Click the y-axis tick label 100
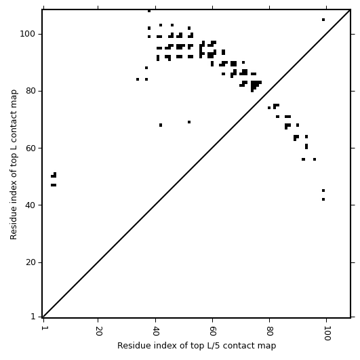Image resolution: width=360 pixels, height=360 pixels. (27, 34)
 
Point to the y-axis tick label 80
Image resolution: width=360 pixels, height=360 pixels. (30, 91)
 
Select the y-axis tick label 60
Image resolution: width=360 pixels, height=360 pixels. (30, 148)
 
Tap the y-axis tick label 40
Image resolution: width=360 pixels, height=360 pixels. (30, 205)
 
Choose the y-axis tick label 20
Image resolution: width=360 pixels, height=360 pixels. (30, 262)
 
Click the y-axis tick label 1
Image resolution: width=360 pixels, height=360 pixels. (33, 317)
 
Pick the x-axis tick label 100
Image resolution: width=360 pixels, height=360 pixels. (327, 333)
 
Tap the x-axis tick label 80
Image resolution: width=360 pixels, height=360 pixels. (270, 331)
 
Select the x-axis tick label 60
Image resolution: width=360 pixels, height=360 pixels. (213, 331)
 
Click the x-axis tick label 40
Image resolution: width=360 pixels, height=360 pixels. (156, 331)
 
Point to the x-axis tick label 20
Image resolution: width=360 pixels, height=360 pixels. (98, 331)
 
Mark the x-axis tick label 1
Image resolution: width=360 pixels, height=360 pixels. (43, 328)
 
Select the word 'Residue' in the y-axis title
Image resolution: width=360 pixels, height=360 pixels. (14, 226)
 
